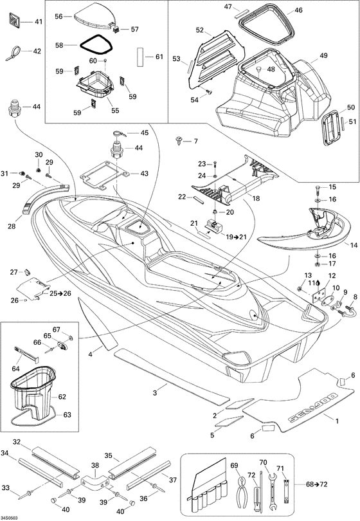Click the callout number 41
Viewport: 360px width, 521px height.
tap(39, 22)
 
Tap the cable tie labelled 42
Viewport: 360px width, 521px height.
tap(14, 53)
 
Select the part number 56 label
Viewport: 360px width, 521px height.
tap(59, 16)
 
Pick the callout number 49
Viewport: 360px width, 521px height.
tap(323, 55)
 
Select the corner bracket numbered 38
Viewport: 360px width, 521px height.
tap(95, 480)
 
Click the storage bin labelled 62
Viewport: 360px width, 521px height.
tap(32, 394)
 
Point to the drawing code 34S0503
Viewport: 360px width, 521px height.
tap(9, 518)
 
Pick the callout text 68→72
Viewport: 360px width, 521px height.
tap(316, 484)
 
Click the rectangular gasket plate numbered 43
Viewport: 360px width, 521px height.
tap(105, 174)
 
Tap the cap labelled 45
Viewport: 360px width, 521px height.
tap(118, 134)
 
